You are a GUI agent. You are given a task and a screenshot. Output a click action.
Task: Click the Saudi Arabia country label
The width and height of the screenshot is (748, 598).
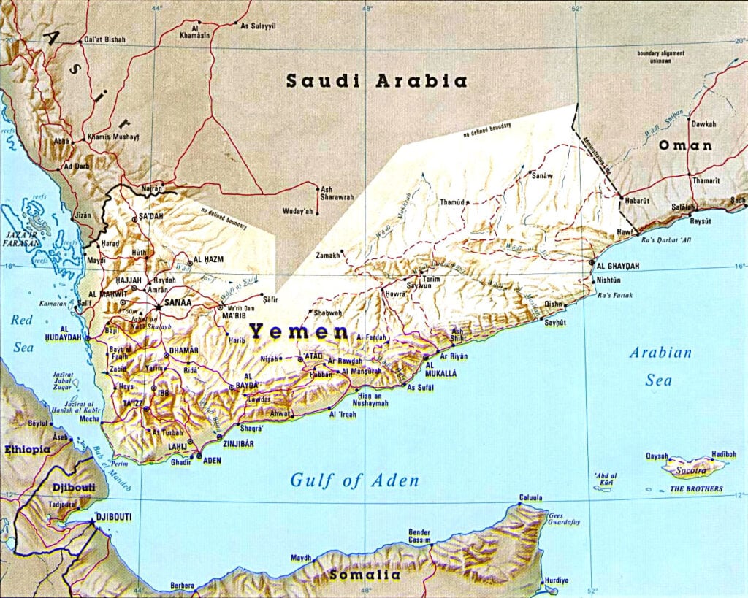(376, 81)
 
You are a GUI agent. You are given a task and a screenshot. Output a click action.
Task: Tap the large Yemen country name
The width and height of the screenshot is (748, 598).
(299, 332)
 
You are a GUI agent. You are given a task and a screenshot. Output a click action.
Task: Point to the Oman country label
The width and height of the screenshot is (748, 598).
(685, 145)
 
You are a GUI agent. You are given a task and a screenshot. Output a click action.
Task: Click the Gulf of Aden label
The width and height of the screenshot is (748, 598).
(355, 480)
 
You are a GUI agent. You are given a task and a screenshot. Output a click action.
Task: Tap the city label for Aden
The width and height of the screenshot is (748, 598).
(212, 461)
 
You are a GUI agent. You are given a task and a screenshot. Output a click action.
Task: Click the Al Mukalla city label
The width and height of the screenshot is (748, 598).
(440, 367)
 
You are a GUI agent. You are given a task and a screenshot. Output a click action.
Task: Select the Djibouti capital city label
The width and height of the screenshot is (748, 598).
(113, 517)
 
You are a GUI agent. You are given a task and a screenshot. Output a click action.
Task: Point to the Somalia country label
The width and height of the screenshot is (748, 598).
(365, 575)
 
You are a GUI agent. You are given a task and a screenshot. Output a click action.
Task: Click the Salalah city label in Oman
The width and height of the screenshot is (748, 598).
(682, 207)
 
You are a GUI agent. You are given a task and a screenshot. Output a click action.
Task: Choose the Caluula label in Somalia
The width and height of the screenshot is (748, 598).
(530, 498)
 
